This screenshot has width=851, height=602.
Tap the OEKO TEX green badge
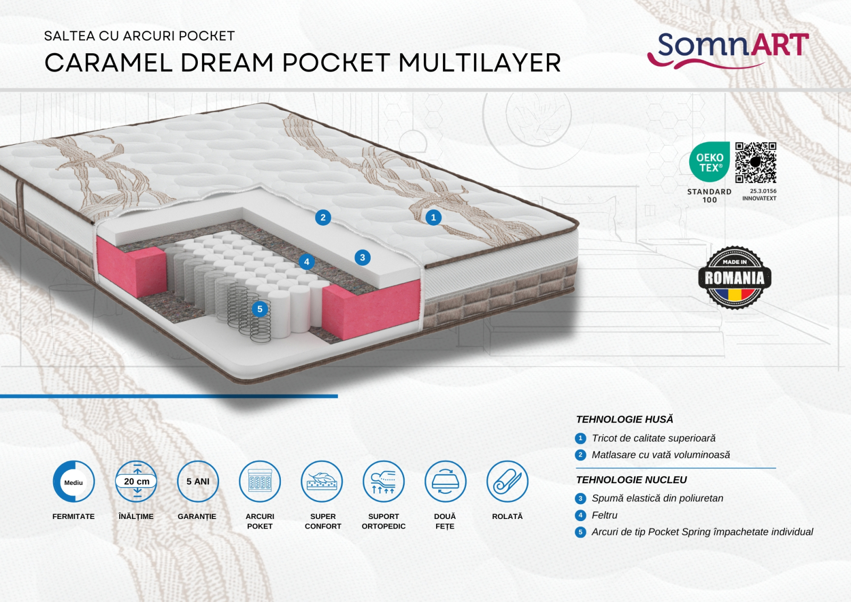(710, 162)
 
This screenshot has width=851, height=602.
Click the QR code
(756, 162)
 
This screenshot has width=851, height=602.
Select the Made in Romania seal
(735, 277)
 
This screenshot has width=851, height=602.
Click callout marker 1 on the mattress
(433, 217)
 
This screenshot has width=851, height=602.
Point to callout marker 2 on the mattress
(323, 217)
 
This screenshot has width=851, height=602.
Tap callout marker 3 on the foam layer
(363, 258)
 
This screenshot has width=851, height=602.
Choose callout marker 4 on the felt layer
(306, 262)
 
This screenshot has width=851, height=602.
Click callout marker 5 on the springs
(260, 309)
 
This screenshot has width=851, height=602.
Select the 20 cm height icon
(137, 482)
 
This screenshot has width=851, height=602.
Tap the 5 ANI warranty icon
(198, 482)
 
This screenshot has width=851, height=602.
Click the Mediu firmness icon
(74, 482)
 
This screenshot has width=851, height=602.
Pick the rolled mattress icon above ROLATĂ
(507, 482)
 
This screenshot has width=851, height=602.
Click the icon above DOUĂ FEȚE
(445, 482)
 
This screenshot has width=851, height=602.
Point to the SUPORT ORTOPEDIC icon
(383, 482)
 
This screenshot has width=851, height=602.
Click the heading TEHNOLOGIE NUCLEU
(631, 480)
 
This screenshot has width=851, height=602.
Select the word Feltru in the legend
(605, 515)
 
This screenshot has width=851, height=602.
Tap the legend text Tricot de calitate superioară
(654, 438)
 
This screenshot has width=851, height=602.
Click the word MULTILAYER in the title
(480, 63)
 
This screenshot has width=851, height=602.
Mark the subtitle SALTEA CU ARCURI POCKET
(139, 36)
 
